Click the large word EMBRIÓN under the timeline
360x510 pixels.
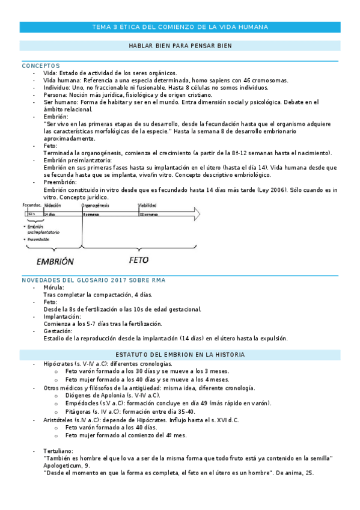(55, 262)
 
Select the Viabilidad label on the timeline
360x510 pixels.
(148, 205)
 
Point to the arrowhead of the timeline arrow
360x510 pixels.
(197, 214)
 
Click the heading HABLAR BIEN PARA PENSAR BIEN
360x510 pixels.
(180, 46)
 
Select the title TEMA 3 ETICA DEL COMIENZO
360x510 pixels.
(180, 27)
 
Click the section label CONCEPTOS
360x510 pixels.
(41, 65)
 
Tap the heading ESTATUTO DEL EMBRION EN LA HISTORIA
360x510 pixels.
(180, 355)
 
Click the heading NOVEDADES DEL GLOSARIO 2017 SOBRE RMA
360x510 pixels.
(97, 280)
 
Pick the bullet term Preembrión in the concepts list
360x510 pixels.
(60, 182)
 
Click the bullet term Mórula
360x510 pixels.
(53, 287)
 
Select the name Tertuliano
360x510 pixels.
(58, 450)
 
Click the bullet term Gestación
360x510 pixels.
(58, 331)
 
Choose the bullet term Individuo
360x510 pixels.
(57, 87)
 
